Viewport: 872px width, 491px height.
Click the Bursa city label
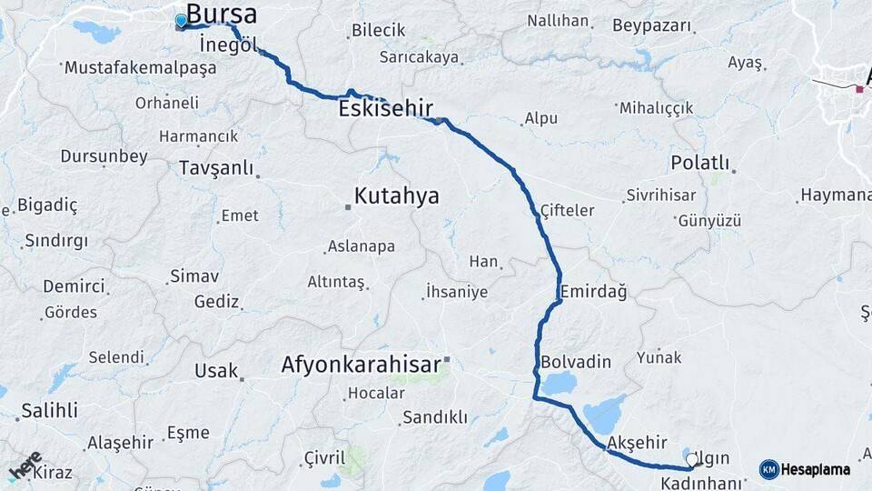221,15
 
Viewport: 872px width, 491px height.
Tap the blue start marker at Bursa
181,20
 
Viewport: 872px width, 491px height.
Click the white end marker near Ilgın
692,460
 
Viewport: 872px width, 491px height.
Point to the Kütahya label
396,195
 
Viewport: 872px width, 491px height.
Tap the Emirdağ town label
593,292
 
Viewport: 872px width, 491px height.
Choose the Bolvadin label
576,362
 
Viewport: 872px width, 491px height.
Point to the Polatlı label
700,163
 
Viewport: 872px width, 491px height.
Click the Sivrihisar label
660,195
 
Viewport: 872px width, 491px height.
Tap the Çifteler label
567,210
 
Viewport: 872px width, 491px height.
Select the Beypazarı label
651,25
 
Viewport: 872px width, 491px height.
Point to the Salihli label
49,410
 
